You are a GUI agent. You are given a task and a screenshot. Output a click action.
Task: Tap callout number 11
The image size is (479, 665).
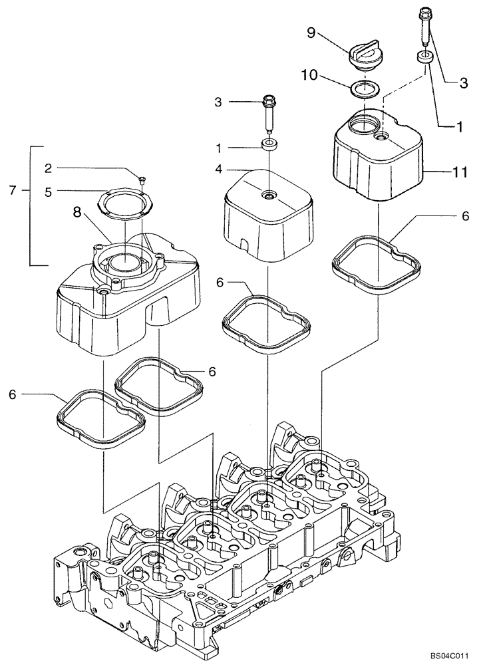(x=446, y=172)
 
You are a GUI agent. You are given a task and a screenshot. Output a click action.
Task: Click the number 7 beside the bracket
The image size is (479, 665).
(x=12, y=191)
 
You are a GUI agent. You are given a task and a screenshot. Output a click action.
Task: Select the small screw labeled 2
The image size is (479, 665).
(x=142, y=178)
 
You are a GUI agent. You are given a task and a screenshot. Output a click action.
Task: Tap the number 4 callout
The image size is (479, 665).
(x=219, y=170)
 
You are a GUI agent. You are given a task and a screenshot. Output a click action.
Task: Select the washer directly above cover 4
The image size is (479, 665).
(x=269, y=144)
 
